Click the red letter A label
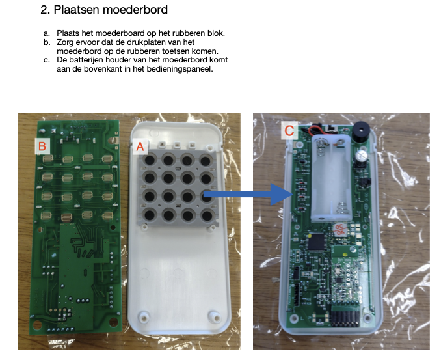click(x=139, y=146)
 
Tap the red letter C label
click(x=289, y=130)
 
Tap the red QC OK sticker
click(x=340, y=230)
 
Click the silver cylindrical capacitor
click(x=362, y=156)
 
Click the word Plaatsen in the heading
click(x=75, y=10)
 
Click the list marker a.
click(x=47, y=33)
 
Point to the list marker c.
click(x=47, y=61)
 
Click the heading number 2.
click(x=44, y=10)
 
